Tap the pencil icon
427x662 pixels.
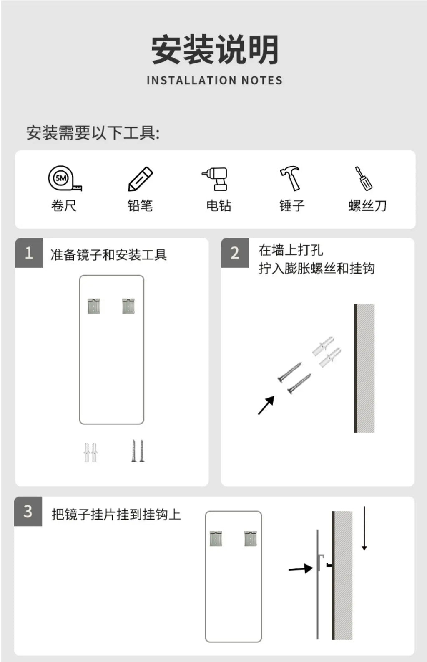(x=141, y=179)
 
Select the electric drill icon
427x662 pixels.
(x=215, y=179)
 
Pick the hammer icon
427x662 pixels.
(x=290, y=178)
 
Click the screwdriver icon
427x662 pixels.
(x=364, y=178)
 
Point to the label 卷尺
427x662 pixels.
(x=64, y=205)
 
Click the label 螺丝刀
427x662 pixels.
(x=367, y=205)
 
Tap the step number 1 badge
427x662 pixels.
(x=29, y=253)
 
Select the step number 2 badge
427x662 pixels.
(x=235, y=253)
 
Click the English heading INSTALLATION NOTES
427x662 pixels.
(x=214, y=80)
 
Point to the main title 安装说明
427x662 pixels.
(x=215, y=49)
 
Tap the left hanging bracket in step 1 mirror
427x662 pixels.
(x=94, y=306)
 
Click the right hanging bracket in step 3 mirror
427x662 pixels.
(x=251, y=539)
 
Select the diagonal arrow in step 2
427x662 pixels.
(x=266, y=405)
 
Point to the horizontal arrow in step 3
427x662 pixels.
(x=300, y=568)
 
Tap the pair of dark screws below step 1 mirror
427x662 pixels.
(x=138, y=451)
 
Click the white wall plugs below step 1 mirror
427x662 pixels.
(x=90, y=452)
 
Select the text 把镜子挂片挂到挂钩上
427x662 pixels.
(x=116, y=515)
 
